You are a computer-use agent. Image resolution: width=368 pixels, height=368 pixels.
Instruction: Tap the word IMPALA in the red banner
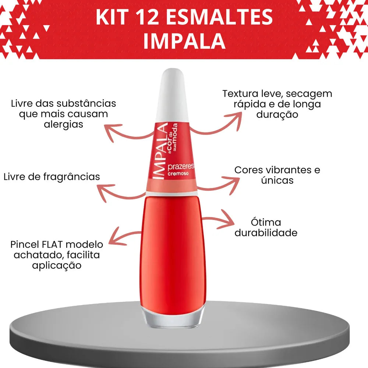point(184,41)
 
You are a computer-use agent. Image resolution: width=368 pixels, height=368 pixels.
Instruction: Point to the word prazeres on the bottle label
point(181,166)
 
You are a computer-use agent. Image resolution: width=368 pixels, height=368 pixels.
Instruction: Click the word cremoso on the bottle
point(178,174)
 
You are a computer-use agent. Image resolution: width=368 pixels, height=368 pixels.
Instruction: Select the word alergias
point(63,124)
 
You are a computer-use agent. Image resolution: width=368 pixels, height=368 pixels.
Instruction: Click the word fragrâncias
point(72,177)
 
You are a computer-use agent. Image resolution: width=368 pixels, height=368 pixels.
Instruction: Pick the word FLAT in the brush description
point(53,244)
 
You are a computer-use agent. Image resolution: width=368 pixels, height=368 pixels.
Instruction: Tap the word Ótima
point(266,222)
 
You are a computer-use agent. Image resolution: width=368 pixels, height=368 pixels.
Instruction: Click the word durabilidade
point(266,233)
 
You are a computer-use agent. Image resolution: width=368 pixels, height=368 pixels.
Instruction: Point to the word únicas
point(277,180)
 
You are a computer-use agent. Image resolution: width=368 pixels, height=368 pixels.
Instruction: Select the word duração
point(277,114)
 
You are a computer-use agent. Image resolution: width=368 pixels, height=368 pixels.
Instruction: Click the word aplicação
point(57,265)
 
